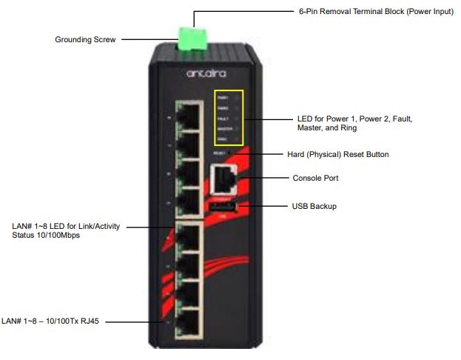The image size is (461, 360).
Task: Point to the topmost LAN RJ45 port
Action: [190, 117]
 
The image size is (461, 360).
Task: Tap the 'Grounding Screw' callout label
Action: [85, 40]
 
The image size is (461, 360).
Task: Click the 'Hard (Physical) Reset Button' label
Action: [337, 154]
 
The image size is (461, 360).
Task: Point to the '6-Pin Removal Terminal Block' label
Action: [375, 12]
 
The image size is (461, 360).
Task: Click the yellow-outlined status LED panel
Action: [228, 117]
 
